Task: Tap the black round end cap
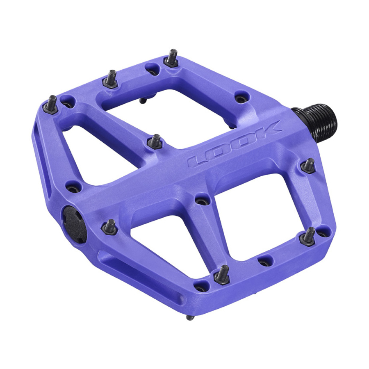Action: [x=75, y=224]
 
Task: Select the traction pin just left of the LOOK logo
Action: [x=155, y=141]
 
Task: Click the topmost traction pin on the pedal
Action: [x=171, y=58]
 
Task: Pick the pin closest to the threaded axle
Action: [x=308, y=166]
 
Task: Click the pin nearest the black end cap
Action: [x=109, y=227]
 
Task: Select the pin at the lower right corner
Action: [x=307, y=237]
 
